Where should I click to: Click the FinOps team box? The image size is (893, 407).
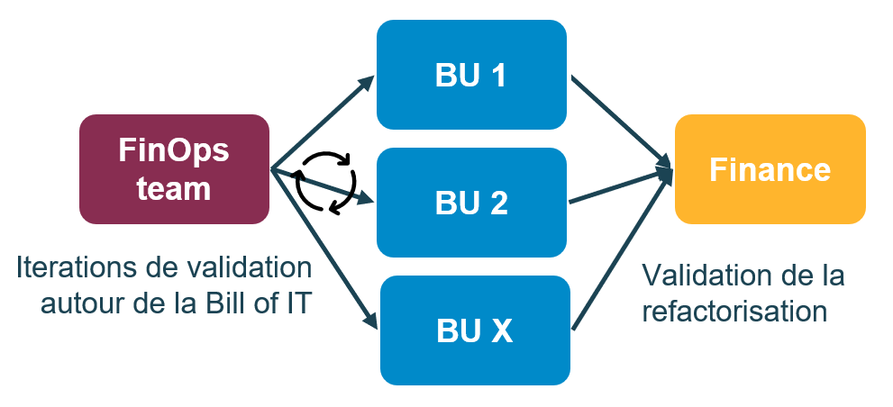coord(174,169)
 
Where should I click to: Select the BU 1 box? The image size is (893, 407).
coord(471,76)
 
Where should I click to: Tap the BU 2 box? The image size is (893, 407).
coord(471,203)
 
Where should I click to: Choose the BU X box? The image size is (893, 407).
coord(475,330)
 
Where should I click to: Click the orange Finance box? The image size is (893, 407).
coord(770,169)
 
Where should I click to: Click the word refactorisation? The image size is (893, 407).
coord(734,311)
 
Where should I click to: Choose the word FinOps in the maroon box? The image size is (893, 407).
coord(174,150)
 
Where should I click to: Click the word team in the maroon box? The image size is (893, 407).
coord(174,189)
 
